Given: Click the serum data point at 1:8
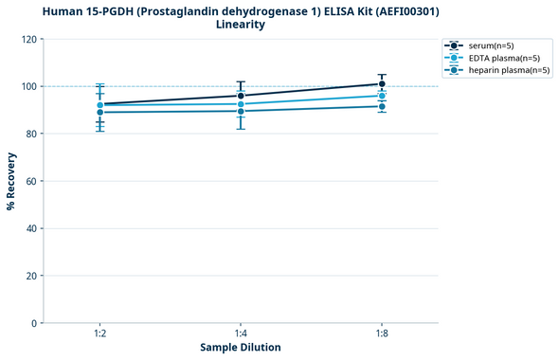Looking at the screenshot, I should (382, 83).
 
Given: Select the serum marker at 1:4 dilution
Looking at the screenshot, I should (241, 96).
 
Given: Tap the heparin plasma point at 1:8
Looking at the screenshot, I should (382, 106).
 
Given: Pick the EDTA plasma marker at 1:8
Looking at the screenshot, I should (382, 96).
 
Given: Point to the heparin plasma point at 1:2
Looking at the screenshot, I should (99, 112).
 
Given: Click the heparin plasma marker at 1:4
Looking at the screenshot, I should (241, 111).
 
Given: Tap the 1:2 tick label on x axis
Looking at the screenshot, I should (99, 333).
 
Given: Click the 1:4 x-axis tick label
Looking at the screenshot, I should (241, 333).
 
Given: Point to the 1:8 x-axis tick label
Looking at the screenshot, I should (382, 333).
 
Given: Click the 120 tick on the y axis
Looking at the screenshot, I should (29, 39).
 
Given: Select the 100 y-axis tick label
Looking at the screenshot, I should (29, 86).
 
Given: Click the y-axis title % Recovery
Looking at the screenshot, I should (11, 181).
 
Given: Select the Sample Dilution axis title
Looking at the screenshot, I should (241, 348).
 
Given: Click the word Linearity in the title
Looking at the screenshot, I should (241, 25).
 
